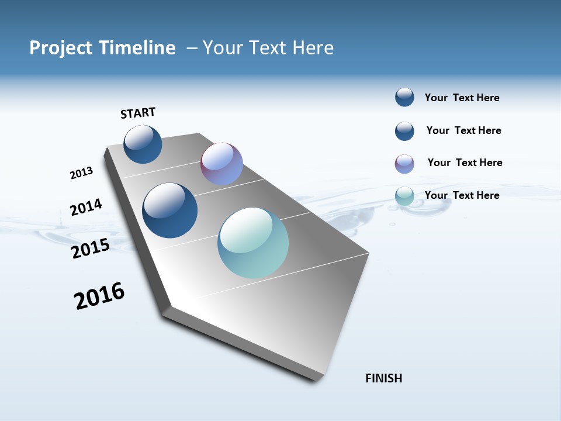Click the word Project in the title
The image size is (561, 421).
coord(59,48)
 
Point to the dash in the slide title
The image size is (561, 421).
coord(192,48)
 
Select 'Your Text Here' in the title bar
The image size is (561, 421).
coord(268,48)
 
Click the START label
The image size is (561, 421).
coord(138,113)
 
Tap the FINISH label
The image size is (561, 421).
coord(383,378)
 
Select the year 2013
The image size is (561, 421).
coord(81,173)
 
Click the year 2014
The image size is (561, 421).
coord(86,207)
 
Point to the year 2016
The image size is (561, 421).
coord(99,296)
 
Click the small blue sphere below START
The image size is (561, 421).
coord(143,144)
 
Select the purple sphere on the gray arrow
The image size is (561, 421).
coord(221,164)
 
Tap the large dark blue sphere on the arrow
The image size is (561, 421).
coord(170,210)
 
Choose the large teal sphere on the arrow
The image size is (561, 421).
coord(253,243)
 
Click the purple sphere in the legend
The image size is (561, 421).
coord(404,164)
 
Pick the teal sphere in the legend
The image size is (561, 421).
coord(404,196)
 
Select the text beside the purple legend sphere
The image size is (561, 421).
coord(465,163)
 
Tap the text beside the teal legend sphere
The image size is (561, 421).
coord(462,195)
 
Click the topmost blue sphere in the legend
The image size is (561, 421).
coord(404,97)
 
